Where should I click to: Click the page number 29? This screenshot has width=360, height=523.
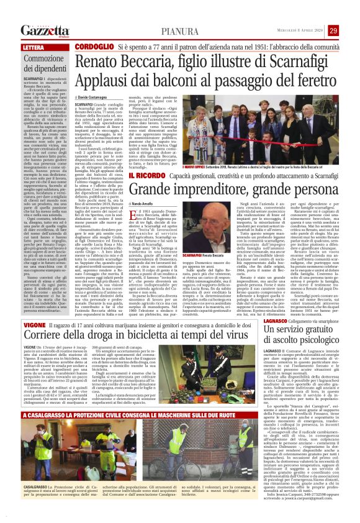point(350,30)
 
